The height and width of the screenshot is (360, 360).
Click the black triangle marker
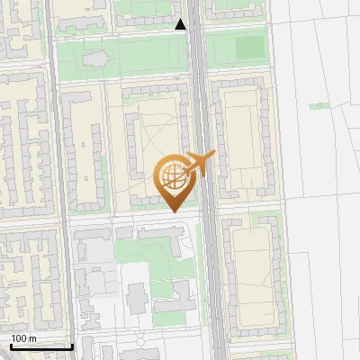click(x=181, y=25)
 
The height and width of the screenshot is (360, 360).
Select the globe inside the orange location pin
click(x=171, y=175)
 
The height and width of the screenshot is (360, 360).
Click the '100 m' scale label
click(x=24, y=338)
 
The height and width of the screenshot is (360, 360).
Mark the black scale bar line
click(x=40, y=346)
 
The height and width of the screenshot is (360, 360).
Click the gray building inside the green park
click(x=94, y=60)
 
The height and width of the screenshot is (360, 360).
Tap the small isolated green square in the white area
click(x=317, y=106)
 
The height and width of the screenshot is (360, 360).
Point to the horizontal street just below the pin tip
click(x=135, y=217)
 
